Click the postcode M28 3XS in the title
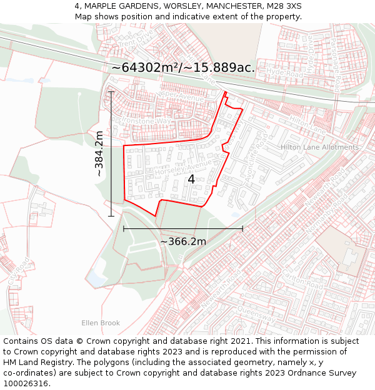point(284,6)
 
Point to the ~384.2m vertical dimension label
point(99,154)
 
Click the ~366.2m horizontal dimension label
point(183,241)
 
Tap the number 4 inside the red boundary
point(191,179)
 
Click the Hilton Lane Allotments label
point(320,147)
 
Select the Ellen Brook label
point(100,323)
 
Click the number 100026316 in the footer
point(27,384)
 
